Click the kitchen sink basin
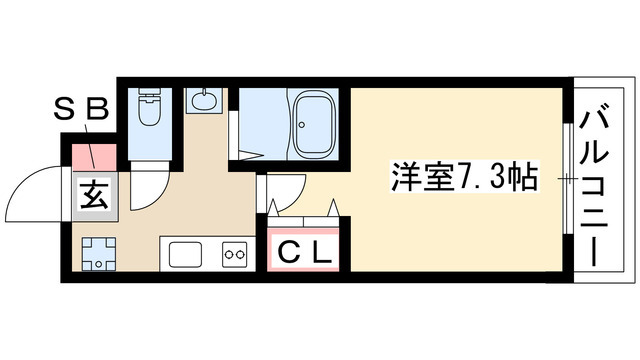click(187, 254)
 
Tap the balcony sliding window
click(567, 180)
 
